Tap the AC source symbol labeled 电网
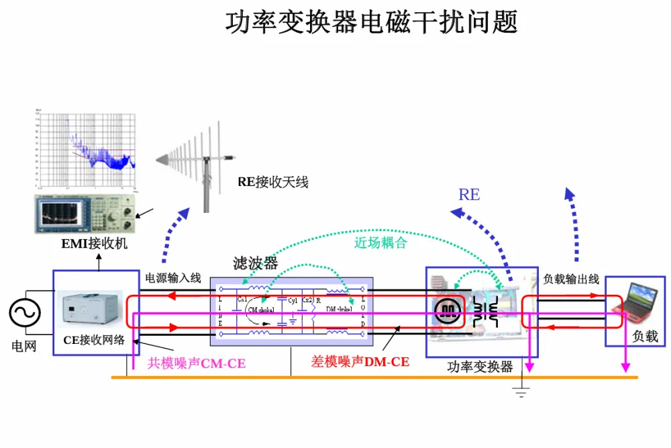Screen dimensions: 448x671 [x=25, y=312]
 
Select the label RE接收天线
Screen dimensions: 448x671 [x=272, y=181]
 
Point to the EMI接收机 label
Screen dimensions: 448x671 [x=94, y=243]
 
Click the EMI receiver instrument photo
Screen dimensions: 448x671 [x=85, y=214]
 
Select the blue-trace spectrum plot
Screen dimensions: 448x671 [x=87, y=149]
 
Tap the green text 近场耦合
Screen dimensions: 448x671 [x=380, y=242]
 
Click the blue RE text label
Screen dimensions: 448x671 [x=469, y=195]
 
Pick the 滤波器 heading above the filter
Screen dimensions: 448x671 [x=255, y=263]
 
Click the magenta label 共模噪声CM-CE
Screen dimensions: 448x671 [x=196, y=363]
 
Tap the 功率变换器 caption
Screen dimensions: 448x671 [x=480, y=367]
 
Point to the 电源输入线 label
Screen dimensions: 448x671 [x=173, y=277]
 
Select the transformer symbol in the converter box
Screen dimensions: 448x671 [x=487, y=310]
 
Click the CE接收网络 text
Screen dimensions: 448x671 [x=94, y=339]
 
